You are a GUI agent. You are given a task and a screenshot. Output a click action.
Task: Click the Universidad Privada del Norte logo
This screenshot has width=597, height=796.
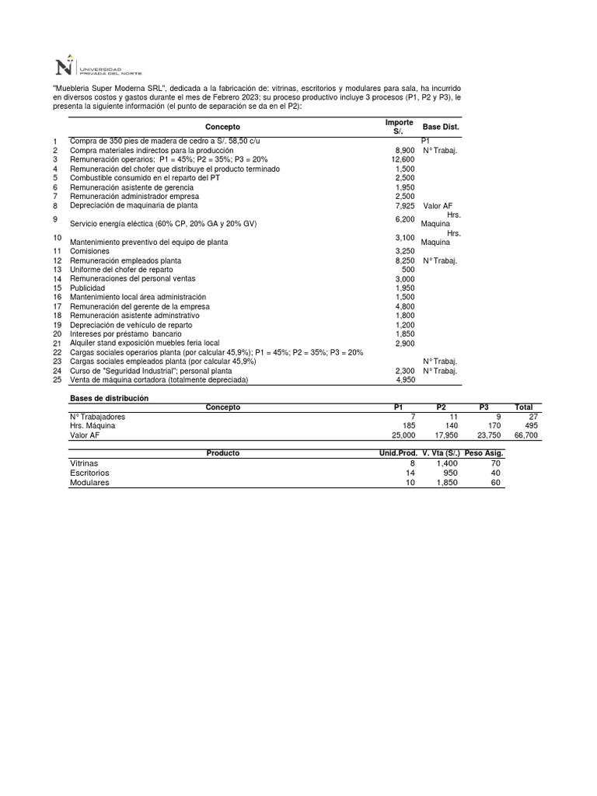98,65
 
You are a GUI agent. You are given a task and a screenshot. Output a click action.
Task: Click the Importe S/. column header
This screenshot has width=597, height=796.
399,127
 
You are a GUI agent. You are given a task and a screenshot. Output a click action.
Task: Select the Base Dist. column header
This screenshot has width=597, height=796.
441,127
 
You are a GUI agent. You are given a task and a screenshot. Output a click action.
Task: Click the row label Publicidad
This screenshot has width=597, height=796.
88,288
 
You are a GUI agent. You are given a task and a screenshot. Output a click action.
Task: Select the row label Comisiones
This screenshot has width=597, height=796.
89,251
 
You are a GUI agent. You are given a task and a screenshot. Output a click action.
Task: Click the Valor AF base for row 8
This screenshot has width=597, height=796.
438,206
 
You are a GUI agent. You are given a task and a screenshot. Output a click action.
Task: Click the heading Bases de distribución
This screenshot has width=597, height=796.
109,398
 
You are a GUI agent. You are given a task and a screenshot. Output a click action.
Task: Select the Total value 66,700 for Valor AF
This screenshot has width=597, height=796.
525,436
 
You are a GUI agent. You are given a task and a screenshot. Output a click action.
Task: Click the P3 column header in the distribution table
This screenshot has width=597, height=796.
484,407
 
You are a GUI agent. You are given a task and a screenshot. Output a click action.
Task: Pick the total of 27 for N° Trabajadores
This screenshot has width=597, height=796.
532,417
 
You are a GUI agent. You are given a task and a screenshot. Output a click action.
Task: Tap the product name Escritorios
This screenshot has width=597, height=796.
89,473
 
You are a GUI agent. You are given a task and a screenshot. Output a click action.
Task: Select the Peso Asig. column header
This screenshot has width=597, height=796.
484,453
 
